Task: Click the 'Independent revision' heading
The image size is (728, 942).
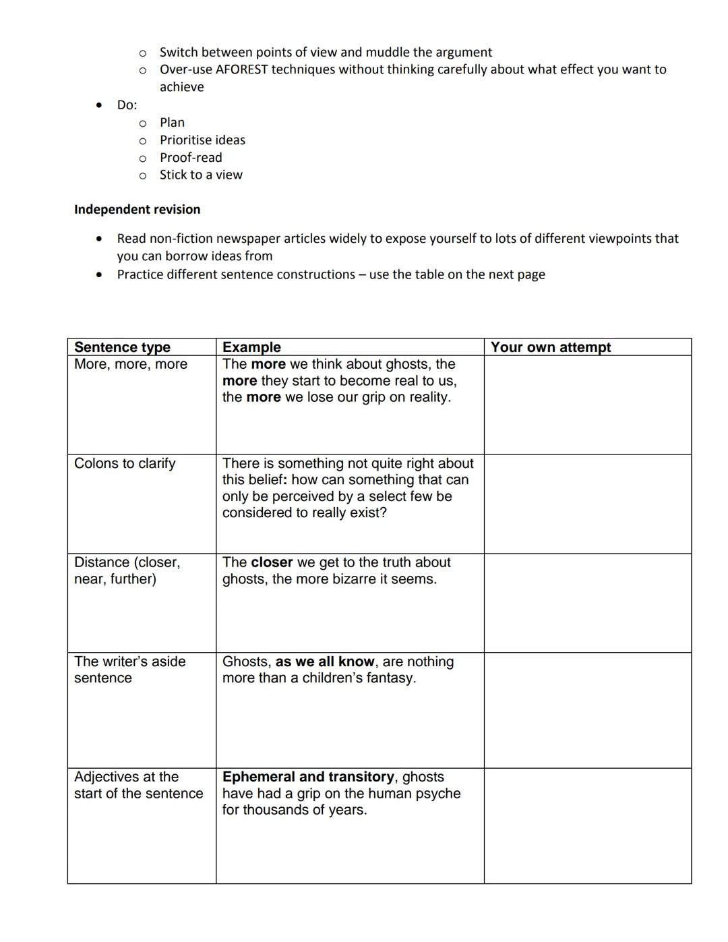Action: click(137, 209)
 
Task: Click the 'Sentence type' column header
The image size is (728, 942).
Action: click(122, 347)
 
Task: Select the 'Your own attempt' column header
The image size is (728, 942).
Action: click(550, 347)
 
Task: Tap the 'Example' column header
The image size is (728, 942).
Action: click(251, 347)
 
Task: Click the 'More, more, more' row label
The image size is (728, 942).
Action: click(131, 364)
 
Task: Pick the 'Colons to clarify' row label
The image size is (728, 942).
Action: click(125, 463)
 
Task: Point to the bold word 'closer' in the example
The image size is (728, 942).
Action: click(272, 562)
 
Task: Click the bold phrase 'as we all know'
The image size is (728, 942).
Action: click(324, 661)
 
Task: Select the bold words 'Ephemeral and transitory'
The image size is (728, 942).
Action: click(308, 777)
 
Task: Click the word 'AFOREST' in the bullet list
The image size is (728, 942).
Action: click(241, 69)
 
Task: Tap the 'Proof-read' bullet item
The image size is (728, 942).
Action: click(191, 157)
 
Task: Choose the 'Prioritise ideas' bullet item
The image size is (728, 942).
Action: click(202, 140)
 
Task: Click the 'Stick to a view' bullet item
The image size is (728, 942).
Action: click(201, 175)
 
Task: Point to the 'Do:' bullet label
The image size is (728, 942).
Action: click(127, 105)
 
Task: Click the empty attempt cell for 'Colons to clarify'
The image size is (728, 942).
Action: click(587, 504)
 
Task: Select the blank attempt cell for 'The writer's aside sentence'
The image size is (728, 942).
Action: click(587, 710)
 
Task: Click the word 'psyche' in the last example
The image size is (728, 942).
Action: click(439, 794)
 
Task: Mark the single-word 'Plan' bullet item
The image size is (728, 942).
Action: click(172, 122)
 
